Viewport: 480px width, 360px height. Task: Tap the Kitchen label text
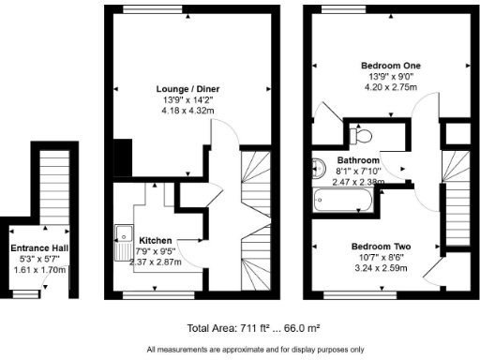click(x=155, y=240)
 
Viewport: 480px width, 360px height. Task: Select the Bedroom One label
click(x=391, y=66)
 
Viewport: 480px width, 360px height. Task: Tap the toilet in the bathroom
click(x=359, y=136)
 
